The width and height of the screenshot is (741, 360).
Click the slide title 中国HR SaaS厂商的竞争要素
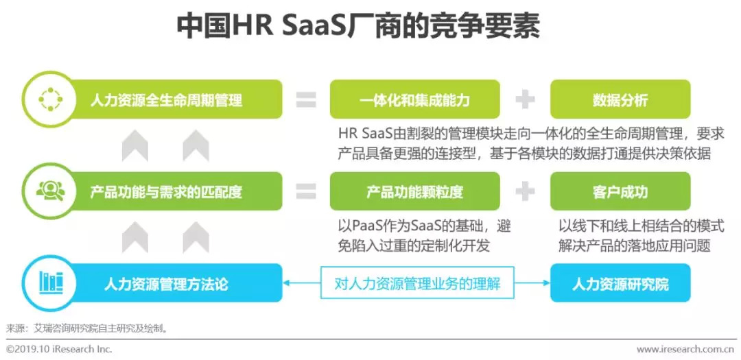click(357, 27)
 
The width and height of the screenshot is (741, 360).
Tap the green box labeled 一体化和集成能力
click(414, 100)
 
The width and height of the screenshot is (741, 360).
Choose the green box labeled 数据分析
click(620, 100)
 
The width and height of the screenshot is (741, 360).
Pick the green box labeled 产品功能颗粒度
click(414, 191)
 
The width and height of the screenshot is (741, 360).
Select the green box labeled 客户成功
click(620, 191)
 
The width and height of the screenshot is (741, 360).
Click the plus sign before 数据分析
click(525, 100)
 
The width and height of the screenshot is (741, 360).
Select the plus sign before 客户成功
click(525, 191)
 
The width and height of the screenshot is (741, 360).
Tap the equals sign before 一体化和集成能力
click(306, 100)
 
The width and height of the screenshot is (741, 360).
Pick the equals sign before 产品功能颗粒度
click(306, 191)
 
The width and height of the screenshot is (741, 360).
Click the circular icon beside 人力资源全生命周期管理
click(50, 100)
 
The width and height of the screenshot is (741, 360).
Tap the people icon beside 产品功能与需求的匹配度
click(50, 191)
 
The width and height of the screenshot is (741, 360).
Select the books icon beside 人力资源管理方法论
click(50, 283)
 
